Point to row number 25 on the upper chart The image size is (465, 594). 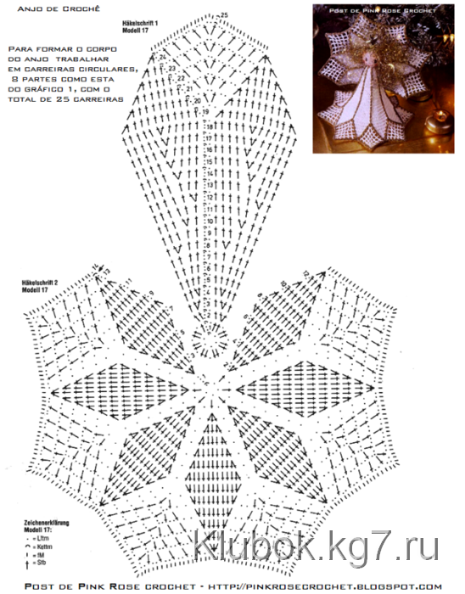[x=224, y=16]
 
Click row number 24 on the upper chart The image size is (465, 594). [x=162, y=57]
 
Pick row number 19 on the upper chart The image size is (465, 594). [x=204, y=112]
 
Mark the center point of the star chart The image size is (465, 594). [x=210, y=389]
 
